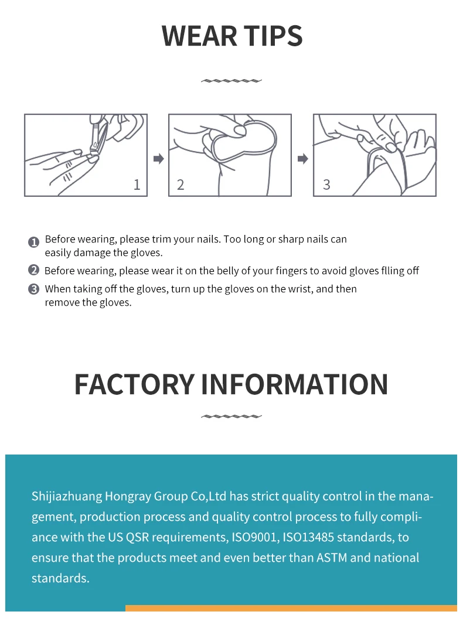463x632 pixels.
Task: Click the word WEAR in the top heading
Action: coord(196,36)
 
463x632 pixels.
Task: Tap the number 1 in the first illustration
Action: coord(137,185)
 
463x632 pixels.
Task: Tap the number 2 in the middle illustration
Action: coord(181,185)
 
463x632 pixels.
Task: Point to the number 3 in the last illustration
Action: coord(326,185)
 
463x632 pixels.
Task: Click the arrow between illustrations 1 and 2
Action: coord(158,159)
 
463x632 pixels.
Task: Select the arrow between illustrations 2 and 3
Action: coord(302,159)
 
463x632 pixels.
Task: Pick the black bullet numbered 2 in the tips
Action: coord(34,271)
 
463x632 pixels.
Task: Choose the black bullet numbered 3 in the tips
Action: coord(34,289)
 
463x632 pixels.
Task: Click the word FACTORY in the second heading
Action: coord(134,384)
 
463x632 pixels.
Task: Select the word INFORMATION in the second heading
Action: coord(294,384)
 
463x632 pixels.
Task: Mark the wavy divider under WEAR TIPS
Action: coord(231,81)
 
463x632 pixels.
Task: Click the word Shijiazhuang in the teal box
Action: coord(66,497)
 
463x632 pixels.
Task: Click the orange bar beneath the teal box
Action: coord(291,608)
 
